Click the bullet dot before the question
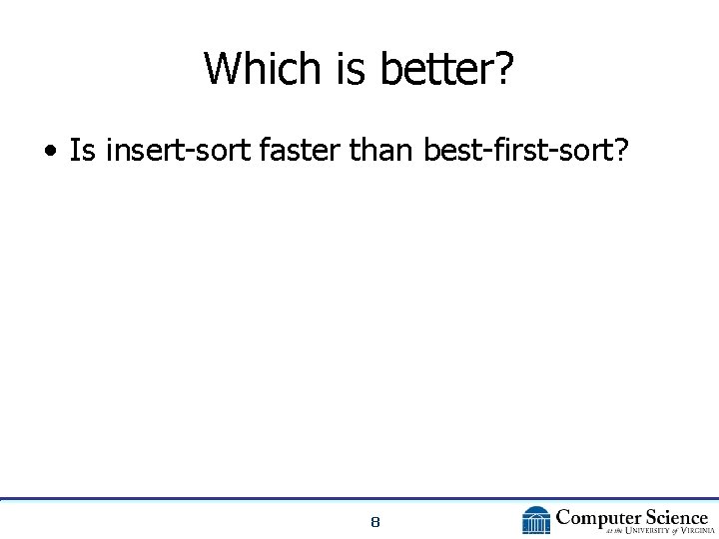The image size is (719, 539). click(49, 153)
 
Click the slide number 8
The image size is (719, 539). click(374, 522)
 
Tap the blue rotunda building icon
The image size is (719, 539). click(536, 521)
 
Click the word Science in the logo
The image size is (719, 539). click(675, 517)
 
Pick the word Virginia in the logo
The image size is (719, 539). click(690, 531)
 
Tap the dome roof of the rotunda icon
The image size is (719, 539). click(536, 511)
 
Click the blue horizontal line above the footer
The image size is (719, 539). click(359, 498)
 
